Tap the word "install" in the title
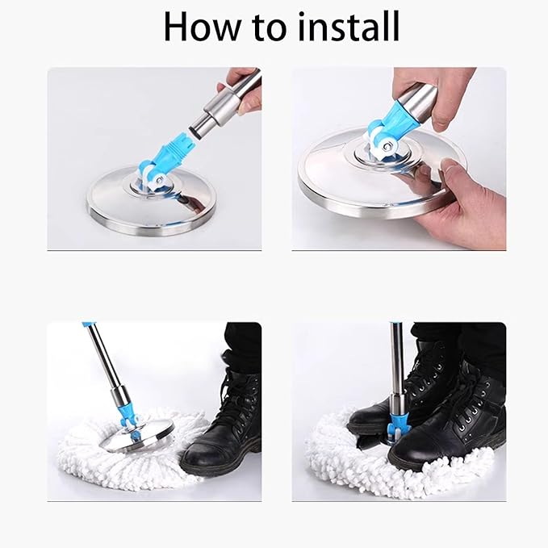(349, 26)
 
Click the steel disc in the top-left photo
(151, 203)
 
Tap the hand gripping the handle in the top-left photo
(241, 90)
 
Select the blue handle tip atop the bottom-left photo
(87, 325)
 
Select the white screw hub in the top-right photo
(387, 144)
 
